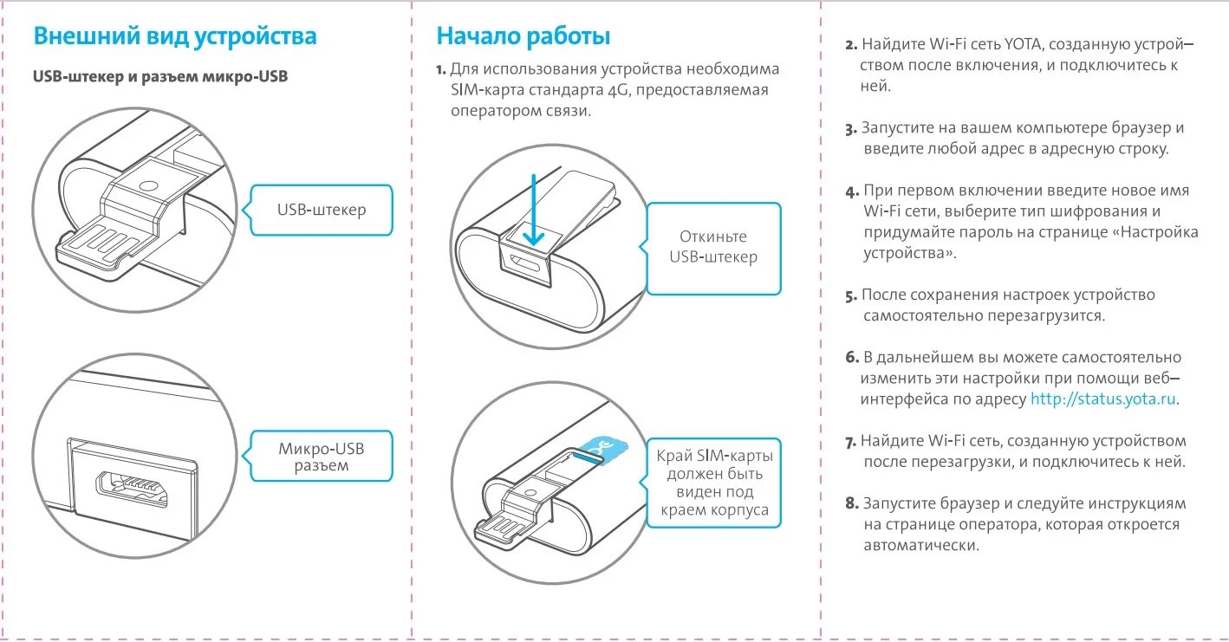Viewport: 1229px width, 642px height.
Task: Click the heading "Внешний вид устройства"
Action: tap(174, 36)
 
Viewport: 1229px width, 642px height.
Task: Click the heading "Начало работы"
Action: tap(523, 36)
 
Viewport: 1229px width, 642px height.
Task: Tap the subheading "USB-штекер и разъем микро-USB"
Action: tap(160, 77)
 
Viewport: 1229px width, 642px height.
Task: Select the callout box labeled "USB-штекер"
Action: tap(321, 210)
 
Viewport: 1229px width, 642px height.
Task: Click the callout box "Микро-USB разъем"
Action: tap(321, 457)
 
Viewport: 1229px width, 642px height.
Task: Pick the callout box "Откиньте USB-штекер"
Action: tap(713, 247)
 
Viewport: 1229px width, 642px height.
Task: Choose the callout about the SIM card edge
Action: tap(713, 482)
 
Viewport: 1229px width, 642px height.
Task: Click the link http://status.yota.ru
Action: tap(1103, 399)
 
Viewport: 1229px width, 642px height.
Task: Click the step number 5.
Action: tap(851, 295)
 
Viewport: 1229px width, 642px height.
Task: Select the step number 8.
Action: tap(851, 504)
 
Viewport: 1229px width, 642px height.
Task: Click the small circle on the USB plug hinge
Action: tap(148, 185)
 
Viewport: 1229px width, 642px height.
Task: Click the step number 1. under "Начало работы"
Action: tap(441, 69)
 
